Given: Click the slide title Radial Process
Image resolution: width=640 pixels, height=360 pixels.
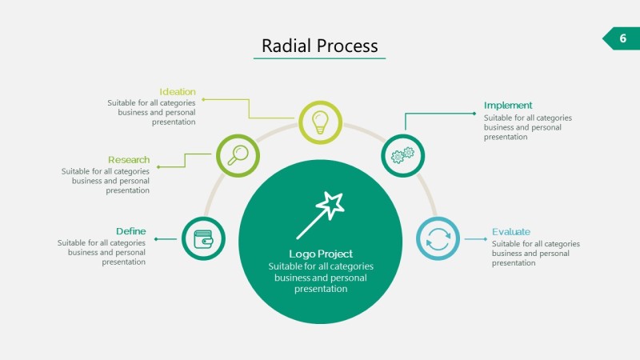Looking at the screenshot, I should [320, 46].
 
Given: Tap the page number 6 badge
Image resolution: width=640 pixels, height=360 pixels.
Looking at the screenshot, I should [622, 38].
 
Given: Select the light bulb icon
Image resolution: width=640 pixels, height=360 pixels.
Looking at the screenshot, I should [320, 122].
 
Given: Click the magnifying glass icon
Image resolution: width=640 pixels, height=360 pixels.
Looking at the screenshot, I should [238, 154].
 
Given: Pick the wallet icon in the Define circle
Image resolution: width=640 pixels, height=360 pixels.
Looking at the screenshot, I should [203, 238].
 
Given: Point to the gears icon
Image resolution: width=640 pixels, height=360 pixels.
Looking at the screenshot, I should [402, 155].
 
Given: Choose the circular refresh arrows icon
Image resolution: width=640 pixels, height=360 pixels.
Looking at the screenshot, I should [438, 238].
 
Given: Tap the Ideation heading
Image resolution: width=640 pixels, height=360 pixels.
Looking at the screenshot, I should [177, 92].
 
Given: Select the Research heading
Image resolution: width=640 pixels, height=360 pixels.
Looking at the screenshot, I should [129, 160].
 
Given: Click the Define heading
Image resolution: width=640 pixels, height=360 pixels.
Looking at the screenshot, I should [130, 231].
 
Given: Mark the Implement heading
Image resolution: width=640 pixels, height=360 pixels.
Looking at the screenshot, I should [508, 106].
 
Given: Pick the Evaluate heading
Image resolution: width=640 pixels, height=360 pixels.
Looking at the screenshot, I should [511, 232].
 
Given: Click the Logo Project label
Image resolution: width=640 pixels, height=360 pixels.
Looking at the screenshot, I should [320, 254].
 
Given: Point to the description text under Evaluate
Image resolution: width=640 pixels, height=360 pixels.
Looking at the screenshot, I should [535, 254].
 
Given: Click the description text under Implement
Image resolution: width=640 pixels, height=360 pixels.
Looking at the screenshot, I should [527, 127].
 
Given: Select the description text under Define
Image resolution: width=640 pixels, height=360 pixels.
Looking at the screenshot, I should [102, 252].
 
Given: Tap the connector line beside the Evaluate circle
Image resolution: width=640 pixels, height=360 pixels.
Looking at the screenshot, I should [475, 238].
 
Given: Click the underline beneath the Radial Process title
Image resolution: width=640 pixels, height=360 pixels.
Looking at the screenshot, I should [320, 58].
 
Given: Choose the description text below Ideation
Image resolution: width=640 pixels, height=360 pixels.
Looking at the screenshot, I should [152, 113].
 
